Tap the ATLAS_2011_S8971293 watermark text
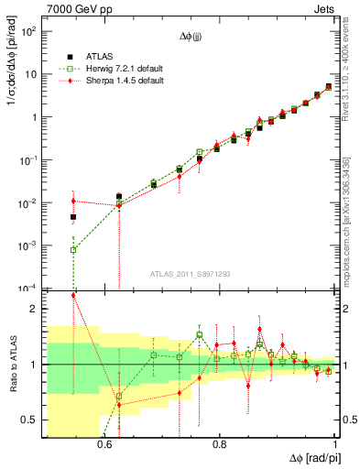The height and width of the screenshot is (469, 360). click(x=190, y=274)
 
